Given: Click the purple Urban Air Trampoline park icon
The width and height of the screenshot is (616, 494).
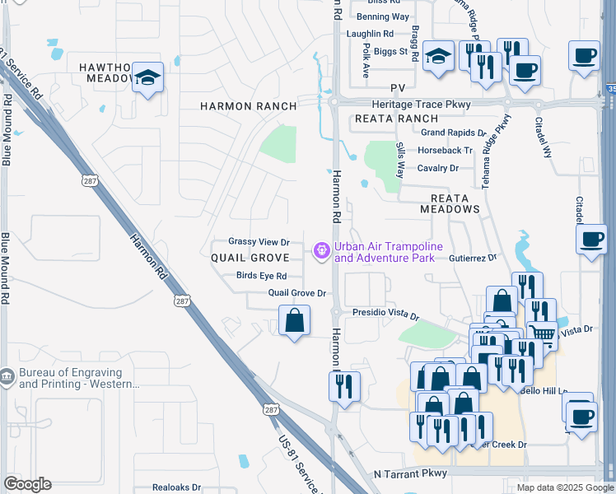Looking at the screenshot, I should pos(320,251).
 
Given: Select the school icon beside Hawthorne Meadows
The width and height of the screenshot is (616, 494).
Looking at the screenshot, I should pos(148,77).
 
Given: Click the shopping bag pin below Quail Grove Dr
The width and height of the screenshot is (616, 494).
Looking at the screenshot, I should pos(294,319).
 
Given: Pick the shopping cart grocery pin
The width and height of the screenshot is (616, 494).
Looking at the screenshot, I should pos(541,333).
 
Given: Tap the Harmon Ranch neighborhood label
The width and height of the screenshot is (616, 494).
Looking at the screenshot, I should pos(248,106).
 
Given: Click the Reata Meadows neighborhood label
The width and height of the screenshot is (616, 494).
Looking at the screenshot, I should pos(450,203).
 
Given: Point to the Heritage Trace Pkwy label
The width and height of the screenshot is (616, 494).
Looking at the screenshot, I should pos(421,105).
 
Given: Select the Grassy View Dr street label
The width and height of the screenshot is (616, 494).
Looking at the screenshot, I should pos(259,242).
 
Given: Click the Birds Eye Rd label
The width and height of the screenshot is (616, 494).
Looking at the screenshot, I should pos(261,276).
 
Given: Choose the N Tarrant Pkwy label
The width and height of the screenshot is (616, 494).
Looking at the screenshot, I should pos(409,474).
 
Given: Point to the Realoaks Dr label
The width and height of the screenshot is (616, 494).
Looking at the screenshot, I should pos(176,487).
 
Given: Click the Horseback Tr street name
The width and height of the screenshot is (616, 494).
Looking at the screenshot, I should pos(445,151).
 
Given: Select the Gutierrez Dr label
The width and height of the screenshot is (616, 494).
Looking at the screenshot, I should pos(473,258).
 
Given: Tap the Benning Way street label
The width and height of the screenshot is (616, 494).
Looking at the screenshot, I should pos(382,16).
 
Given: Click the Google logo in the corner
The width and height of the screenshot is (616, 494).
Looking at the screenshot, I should pos(28,484).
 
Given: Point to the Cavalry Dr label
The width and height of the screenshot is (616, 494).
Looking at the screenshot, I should pos(437,168).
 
